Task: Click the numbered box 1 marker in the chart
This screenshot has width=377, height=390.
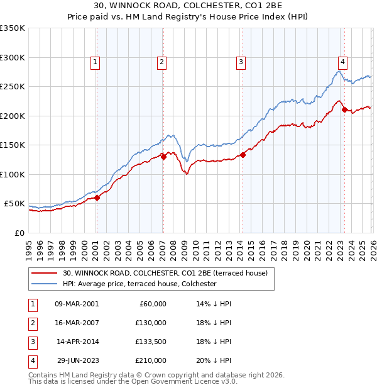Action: (94, 62)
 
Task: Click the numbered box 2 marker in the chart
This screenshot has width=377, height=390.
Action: (161, 62)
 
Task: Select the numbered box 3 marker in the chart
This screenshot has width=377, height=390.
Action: (241, 62)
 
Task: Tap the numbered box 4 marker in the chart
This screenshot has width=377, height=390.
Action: (342, 62)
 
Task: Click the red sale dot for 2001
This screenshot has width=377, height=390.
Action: (97, 198)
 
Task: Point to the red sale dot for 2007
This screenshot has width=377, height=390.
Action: (163, 157)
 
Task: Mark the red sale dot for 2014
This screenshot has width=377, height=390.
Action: (242, 155)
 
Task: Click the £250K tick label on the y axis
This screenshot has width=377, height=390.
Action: (13, 87)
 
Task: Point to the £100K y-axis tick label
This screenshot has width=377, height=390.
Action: (13, 174)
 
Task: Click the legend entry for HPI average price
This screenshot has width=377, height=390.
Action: (139, 284)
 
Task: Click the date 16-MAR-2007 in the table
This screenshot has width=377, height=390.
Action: (77, 323)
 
